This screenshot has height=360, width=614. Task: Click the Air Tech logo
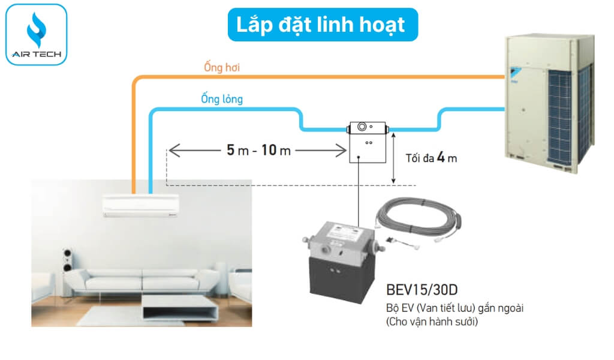[35, 34]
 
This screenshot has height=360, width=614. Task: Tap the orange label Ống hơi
[222, 68]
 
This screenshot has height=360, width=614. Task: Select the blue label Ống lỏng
[222, 98]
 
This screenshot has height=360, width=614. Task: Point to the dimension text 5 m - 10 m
[258, 150]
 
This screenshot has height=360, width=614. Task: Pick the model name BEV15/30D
[423, 290]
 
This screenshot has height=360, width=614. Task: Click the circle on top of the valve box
[362, 127]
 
